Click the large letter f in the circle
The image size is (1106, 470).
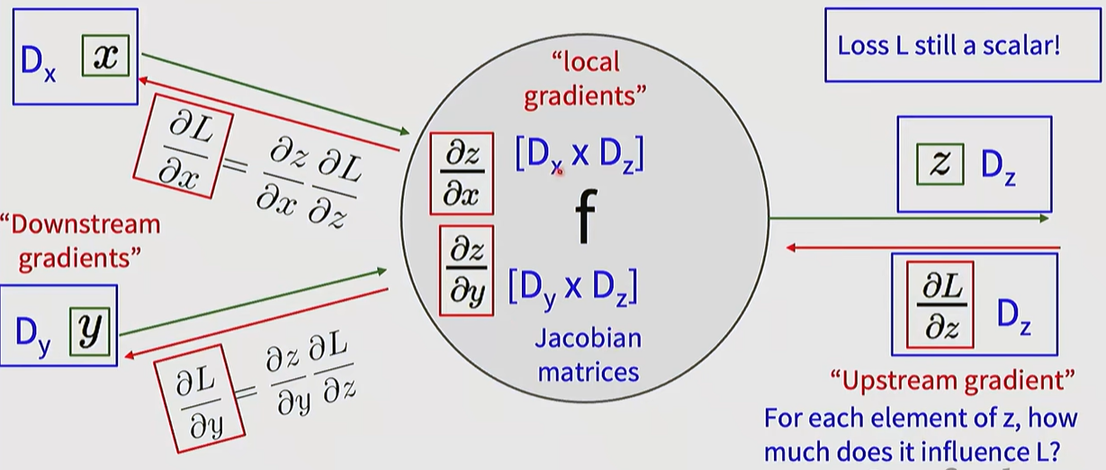[x=586, y=219]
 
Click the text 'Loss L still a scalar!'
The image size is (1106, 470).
[x=949, y=46]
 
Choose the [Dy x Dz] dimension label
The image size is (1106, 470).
[x=573, y=285]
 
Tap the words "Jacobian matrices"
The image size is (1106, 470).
[x=588, y=354]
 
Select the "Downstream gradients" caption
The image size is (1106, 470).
[x=80, y=240]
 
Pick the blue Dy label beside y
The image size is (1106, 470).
[x=37, y=332]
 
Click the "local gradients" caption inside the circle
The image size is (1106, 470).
[x=586, y=79]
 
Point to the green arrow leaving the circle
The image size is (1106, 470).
[x=909, y=218]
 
